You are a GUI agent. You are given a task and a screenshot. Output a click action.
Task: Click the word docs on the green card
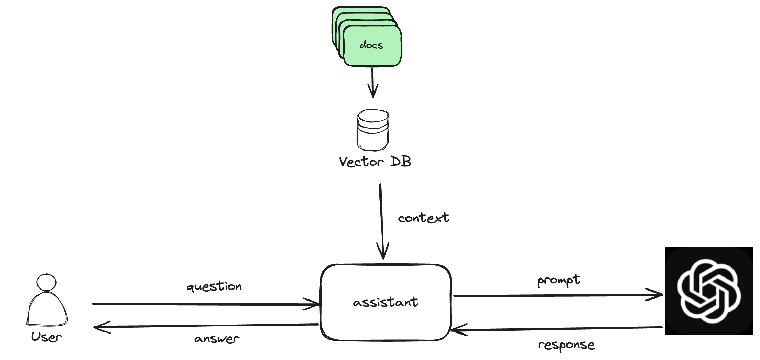tap(371, 45)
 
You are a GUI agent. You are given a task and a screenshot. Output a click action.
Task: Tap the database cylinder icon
tap(373, 130)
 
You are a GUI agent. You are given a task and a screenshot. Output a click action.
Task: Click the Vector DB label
tap(375, 162)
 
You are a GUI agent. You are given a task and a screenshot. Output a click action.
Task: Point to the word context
tap(423, 218)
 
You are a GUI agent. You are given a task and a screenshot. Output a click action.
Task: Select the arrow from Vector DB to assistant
tap(381, 220)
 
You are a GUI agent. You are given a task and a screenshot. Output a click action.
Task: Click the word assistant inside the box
tap(386, 302)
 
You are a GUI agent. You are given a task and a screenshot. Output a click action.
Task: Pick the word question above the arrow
tap(214, 286)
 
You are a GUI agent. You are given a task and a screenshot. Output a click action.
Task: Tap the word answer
tap(217, 339)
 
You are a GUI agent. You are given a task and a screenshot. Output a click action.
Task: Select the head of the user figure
tap(46, 282)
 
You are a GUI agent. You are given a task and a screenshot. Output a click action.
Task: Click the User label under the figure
tap(46, 337)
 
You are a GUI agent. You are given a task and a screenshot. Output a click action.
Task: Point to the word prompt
tap(558, 281)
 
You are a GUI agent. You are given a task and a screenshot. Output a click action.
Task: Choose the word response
tap(566, 345)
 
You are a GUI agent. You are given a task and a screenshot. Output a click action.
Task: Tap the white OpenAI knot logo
tap(709, 291)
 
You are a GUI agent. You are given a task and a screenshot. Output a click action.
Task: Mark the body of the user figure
tap(47, 309)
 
